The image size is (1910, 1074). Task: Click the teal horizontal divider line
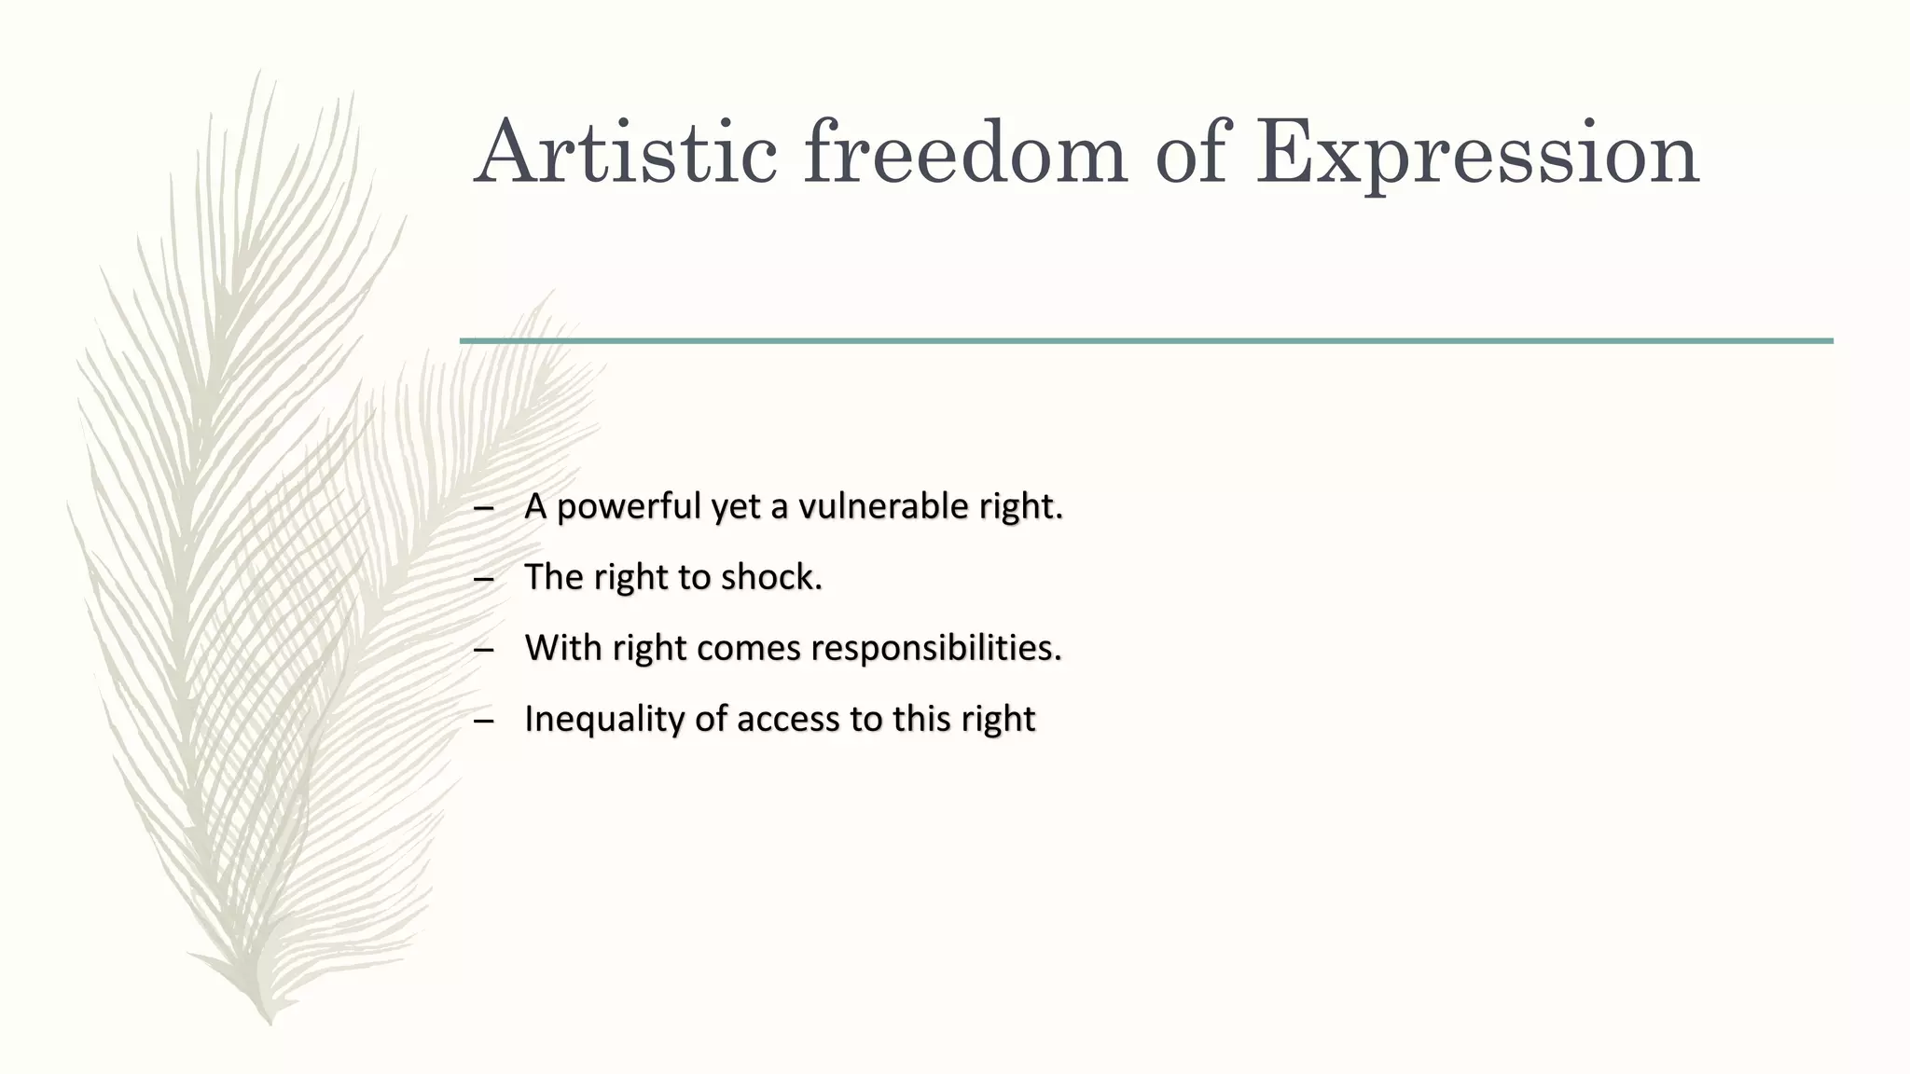pyautogui.click(x=1145, y=341)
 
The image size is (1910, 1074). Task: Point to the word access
pyautogui.click(x=788, y=719)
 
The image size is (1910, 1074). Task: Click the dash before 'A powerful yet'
pyautogui.click(x=482, y=508)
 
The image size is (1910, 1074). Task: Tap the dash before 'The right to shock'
pyautogui.click(x=482, y=579)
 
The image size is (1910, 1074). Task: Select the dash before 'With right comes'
pyautogui.click(x=482, y=650)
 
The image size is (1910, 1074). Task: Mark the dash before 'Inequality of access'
pyautogui.click(x=482, y=721)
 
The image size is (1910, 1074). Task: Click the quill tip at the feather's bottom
pyautogui.click(x=270, y=1020)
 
